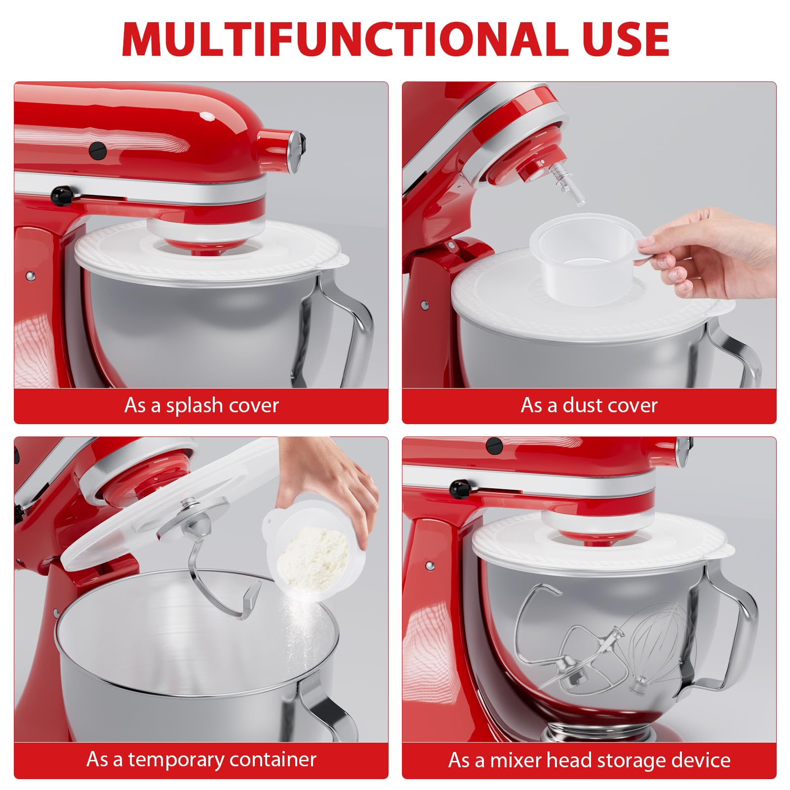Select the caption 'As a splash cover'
[x=201, y=405]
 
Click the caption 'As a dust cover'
[x=589, y=405]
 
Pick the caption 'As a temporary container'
[x=201, y=759]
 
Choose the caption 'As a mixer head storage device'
[x=589, y=760]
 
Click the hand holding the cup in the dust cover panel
[x=711, y=253]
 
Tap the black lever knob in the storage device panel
[x=460, y=488]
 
